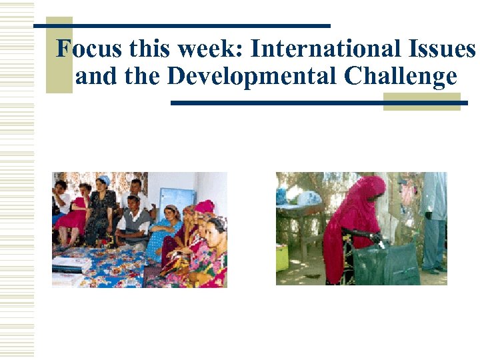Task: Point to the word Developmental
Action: [253, 77]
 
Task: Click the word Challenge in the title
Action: [401, 78]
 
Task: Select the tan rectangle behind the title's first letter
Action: [59, 57]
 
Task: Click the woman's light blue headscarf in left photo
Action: [103, 179]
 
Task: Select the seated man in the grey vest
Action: [134, 220]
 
